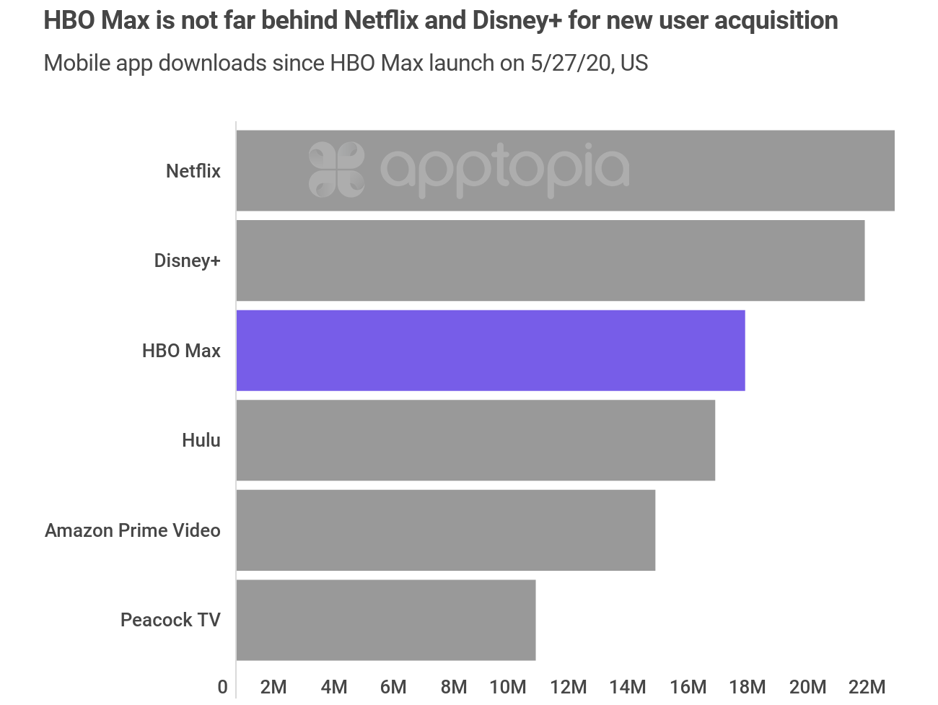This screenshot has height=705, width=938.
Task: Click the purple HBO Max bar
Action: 491,351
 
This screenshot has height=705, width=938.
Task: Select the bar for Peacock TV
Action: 386,620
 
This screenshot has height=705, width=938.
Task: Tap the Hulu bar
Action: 475,440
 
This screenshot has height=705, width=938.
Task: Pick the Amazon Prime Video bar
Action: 446,530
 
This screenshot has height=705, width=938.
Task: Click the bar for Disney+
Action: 551,260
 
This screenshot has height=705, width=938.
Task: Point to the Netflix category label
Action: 193,171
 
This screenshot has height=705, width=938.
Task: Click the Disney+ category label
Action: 187,260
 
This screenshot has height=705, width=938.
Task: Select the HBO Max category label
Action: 181,351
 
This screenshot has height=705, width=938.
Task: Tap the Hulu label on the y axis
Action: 201,440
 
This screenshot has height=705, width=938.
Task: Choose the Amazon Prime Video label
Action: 133,530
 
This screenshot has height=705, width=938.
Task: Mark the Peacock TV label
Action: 170,620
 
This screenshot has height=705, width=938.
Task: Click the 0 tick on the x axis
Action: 223,687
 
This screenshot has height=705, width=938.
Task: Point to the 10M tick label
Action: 508,687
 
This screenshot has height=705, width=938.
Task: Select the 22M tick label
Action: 867,687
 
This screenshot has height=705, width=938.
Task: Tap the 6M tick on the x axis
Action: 393,687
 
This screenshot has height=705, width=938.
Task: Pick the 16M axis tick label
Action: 688,687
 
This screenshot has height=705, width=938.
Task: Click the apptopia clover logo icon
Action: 336,170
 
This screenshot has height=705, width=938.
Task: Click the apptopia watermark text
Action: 504,170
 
